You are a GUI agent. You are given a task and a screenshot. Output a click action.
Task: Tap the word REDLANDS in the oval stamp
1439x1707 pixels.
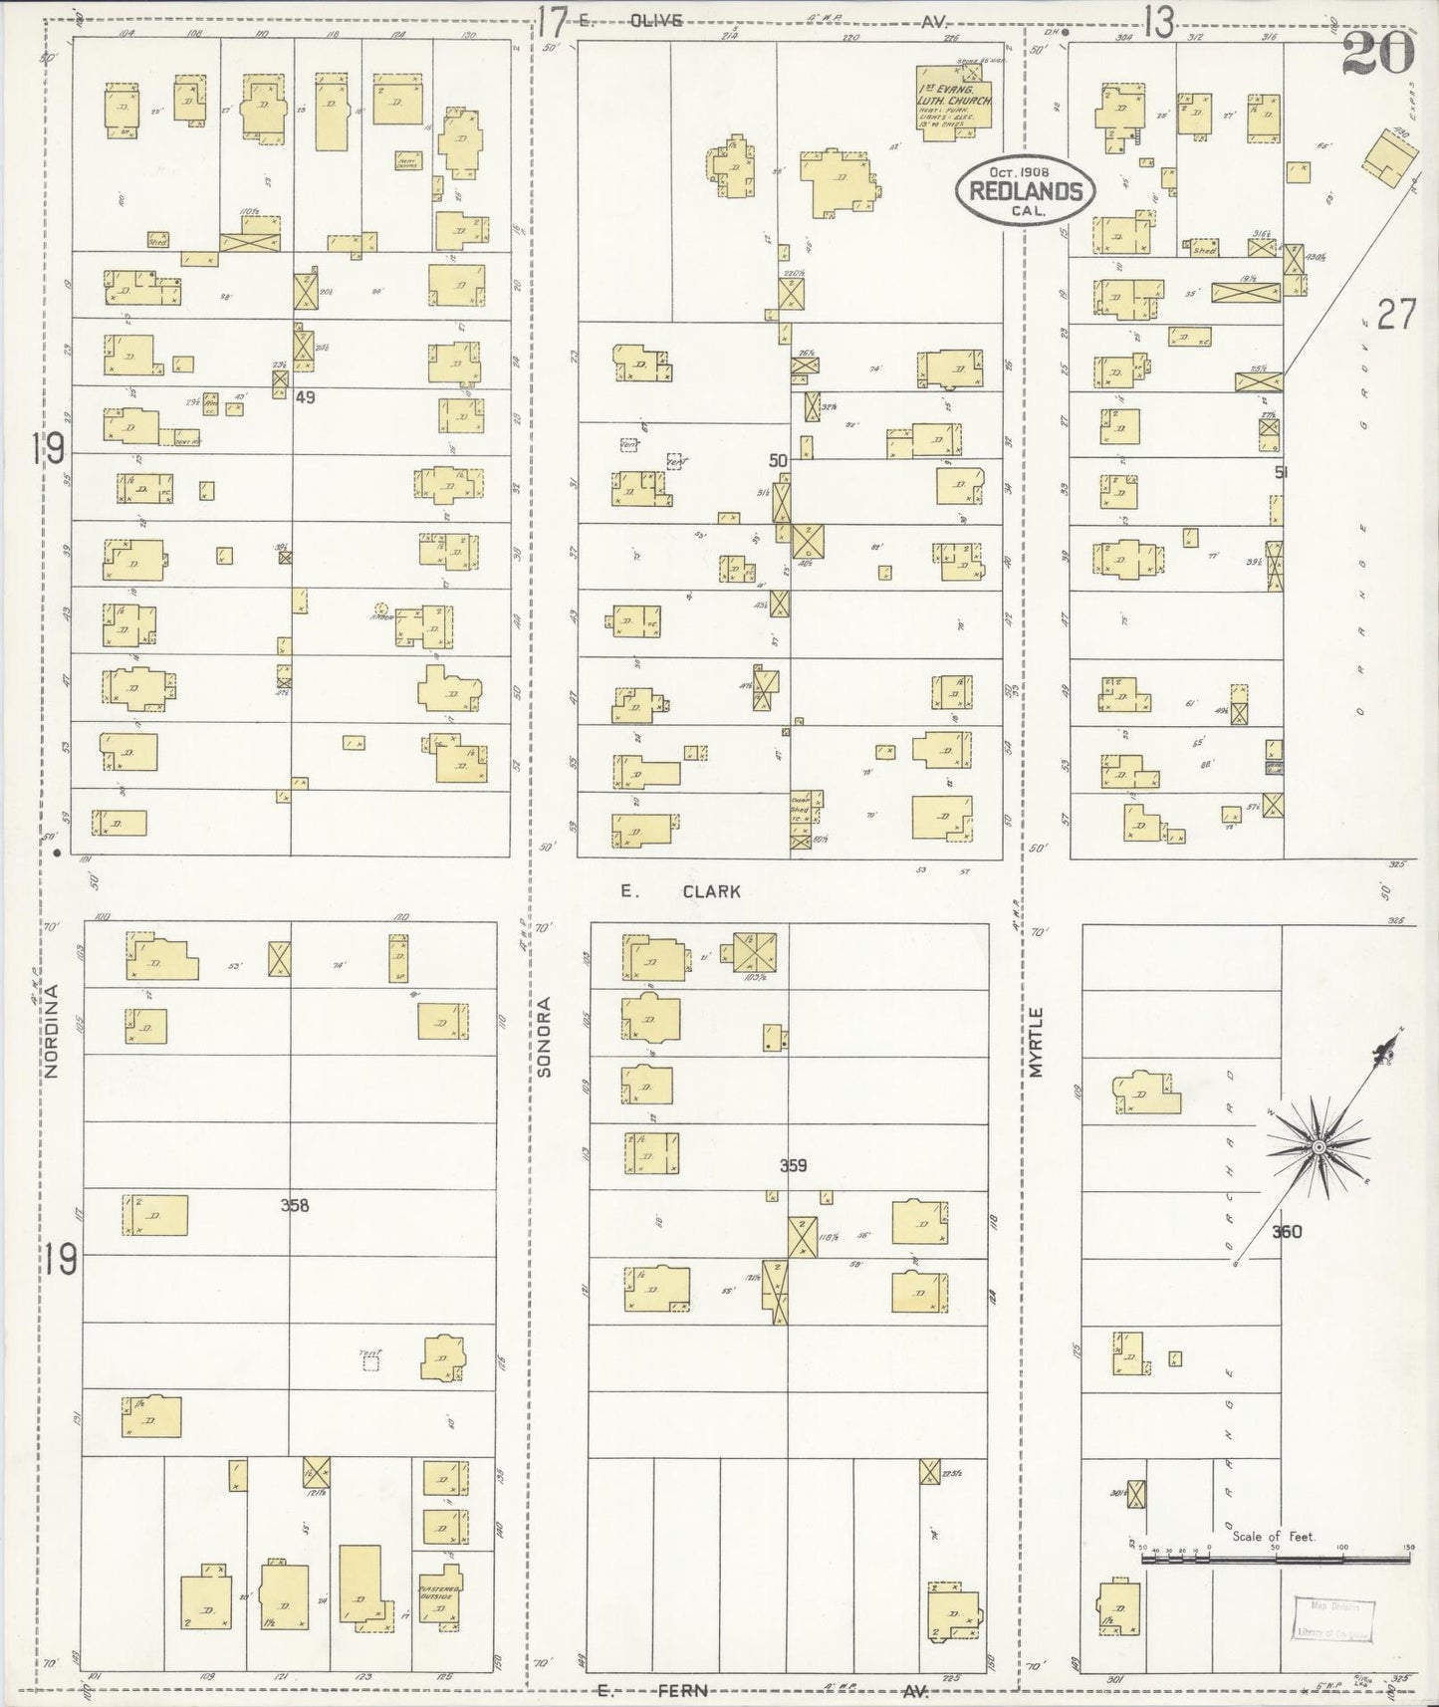1026,191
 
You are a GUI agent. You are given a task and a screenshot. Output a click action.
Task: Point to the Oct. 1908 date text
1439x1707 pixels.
1026,171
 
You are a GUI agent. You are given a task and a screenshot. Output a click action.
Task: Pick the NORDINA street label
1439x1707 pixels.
53,1029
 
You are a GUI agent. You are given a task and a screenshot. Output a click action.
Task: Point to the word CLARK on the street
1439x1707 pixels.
711,891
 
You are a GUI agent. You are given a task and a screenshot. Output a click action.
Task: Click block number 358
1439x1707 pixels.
295,1205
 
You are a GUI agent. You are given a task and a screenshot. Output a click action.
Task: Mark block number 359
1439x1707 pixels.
793,1165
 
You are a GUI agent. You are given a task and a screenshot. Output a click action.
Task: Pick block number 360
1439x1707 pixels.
1287,1231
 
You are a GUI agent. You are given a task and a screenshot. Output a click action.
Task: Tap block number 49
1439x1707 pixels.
305,396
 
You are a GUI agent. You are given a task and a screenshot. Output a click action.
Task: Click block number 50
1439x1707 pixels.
778,460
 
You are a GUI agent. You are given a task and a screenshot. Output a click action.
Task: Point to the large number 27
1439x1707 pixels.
1396,316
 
